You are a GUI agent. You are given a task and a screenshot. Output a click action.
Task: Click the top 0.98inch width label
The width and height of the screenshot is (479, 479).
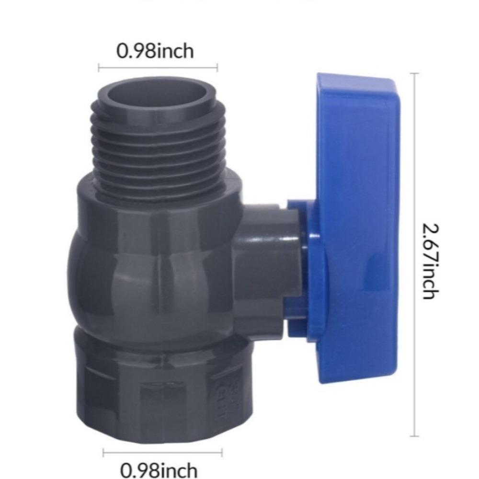(156, 51)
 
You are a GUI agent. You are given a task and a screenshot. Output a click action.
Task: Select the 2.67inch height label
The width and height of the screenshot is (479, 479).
(429, 261)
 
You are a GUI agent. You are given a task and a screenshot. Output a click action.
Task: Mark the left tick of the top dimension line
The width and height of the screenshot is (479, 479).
(99, 68)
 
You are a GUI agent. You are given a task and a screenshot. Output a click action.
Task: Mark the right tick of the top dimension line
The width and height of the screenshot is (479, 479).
(217, 68)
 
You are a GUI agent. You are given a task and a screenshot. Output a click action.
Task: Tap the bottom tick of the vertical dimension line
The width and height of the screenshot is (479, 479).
(414, 436)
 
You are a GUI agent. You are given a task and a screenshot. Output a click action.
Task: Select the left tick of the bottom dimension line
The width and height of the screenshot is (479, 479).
(103, 452)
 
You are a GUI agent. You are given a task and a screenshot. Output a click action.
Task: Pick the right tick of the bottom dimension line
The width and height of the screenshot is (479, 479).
(222, 452)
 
